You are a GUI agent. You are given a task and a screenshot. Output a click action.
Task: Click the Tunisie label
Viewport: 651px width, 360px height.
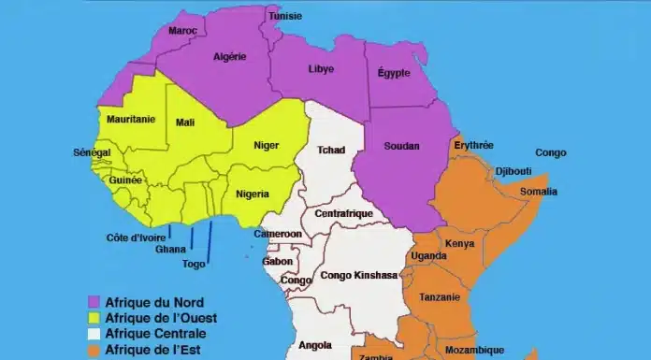click(284, 17)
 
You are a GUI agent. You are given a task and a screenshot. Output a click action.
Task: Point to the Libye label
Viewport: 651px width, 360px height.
click(321, 69)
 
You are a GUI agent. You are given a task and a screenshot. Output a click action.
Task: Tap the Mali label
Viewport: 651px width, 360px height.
click(185, 122)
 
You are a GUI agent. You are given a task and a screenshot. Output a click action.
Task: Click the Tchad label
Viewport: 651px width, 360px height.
click(331, 150)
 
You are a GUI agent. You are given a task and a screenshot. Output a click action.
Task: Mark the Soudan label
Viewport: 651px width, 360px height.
click(402, 146)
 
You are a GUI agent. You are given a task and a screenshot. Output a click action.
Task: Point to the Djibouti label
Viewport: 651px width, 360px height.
click(514, 172)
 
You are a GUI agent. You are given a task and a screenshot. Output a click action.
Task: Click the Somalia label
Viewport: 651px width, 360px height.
click(538, 191)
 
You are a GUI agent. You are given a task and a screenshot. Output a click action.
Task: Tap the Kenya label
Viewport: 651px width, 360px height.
click(460, 244)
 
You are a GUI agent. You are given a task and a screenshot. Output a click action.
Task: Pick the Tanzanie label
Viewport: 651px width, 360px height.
click(440, 297)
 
